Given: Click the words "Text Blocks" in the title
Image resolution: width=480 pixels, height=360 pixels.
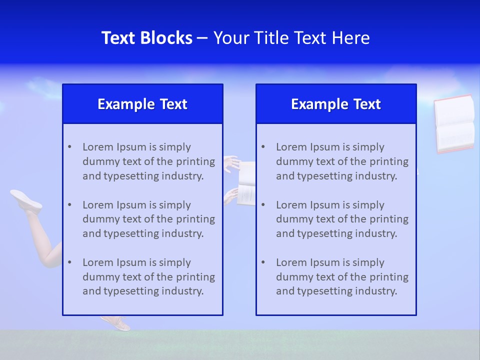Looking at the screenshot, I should tap(146, 38).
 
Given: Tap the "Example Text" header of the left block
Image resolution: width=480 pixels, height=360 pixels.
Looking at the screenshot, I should tap(142, 104).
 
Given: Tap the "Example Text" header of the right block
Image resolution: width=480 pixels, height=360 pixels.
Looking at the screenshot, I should tap(336, 104).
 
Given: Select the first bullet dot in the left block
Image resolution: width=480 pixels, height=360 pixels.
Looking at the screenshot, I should tap(69, 147).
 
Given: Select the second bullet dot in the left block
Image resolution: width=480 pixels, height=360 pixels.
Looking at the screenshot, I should tap(69, 205).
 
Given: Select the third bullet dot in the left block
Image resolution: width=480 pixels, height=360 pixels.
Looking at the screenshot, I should tap(69, 262).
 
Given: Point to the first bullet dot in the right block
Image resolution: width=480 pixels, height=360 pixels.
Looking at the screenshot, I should tap(263, 147).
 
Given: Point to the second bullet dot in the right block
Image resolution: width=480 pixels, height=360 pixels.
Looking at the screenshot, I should tap(263, 205).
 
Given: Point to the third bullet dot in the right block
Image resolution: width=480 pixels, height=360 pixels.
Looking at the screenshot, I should tap(263, 262).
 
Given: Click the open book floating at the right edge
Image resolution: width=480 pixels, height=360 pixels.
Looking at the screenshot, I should tap(454, 123).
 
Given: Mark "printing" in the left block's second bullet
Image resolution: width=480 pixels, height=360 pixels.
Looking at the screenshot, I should tap(196, 219).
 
